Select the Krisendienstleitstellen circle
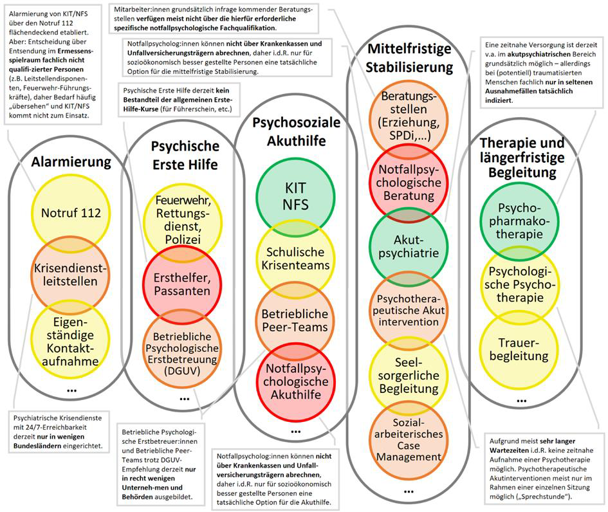[71, 274]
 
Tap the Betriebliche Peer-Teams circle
[296, 319]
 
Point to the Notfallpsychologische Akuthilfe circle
[296, 381]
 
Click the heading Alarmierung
[71, 161]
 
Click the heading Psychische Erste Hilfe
[184, 155]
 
